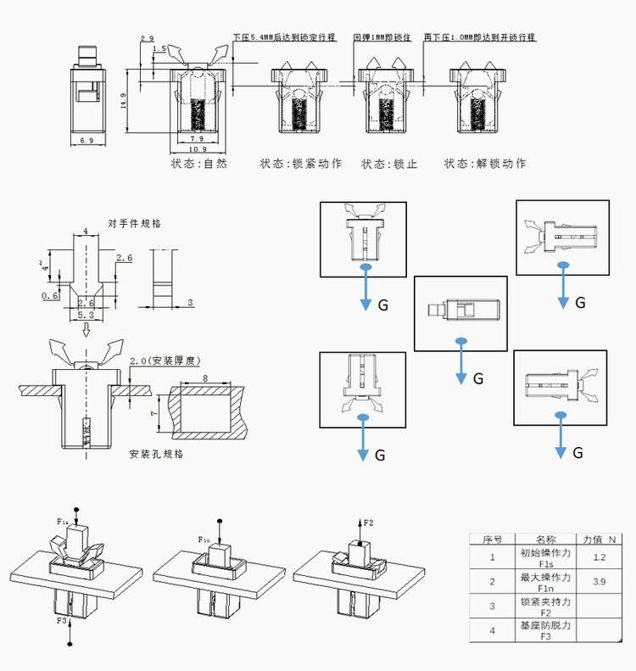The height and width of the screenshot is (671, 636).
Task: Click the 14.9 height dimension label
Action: pos(125,101)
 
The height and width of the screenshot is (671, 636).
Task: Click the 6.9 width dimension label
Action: pos(86,139)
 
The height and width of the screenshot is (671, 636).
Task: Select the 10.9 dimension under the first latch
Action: pos(197,149)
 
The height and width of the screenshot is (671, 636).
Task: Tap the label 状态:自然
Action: pos(199,164)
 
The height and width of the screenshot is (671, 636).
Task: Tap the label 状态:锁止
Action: pos(389,164)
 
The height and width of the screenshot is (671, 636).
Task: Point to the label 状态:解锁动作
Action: pos(484,164)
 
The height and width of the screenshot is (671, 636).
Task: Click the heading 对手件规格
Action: pos(135,223)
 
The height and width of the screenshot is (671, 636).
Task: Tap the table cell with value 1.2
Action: pos(600,557)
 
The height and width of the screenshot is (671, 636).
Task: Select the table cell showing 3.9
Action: pos(600,582)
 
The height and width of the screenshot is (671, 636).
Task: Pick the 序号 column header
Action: pos(493,539)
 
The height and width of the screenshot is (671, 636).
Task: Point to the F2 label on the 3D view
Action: pos(369,523)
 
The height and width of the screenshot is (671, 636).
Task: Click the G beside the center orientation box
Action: pos(478,379)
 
